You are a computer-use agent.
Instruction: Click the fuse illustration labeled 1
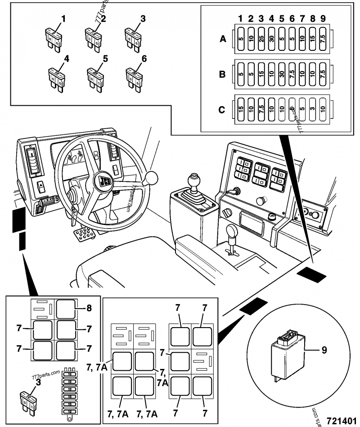pyautogui.click(x=53, y=38)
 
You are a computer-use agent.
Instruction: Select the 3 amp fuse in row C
pyautogui.click(x=313, y=108)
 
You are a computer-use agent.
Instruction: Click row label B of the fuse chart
pyautogui.click(x=222, y=74)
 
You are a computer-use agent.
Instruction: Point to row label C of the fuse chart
pyautogui.click(x=222, y=108)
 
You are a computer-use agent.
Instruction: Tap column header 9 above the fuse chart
pyautogui.click(x=323, y=19)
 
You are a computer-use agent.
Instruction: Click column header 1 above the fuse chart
pyautogui.click(x=241, y=19)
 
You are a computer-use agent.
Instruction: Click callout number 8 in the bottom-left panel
pyautogui.click(x=89, y=309)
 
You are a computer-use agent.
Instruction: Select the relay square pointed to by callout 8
pyautogui.click(x=67, y=310)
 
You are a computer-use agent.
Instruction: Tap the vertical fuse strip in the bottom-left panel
pyautogui.click(x=69, y=391)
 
